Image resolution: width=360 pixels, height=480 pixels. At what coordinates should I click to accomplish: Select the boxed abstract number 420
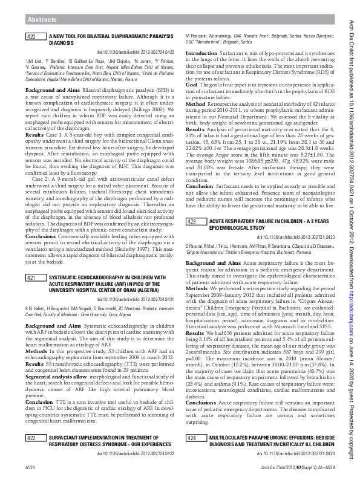click(34, 37)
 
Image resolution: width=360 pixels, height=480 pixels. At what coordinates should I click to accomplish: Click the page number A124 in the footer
click(30, 469)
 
